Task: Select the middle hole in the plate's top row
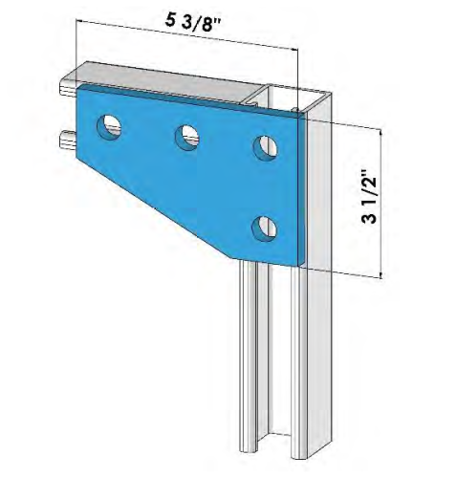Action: coord(187,137)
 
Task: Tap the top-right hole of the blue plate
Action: coord(265,146)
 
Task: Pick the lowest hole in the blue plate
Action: coord(265,228)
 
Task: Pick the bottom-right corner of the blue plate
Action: coord(302,264)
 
